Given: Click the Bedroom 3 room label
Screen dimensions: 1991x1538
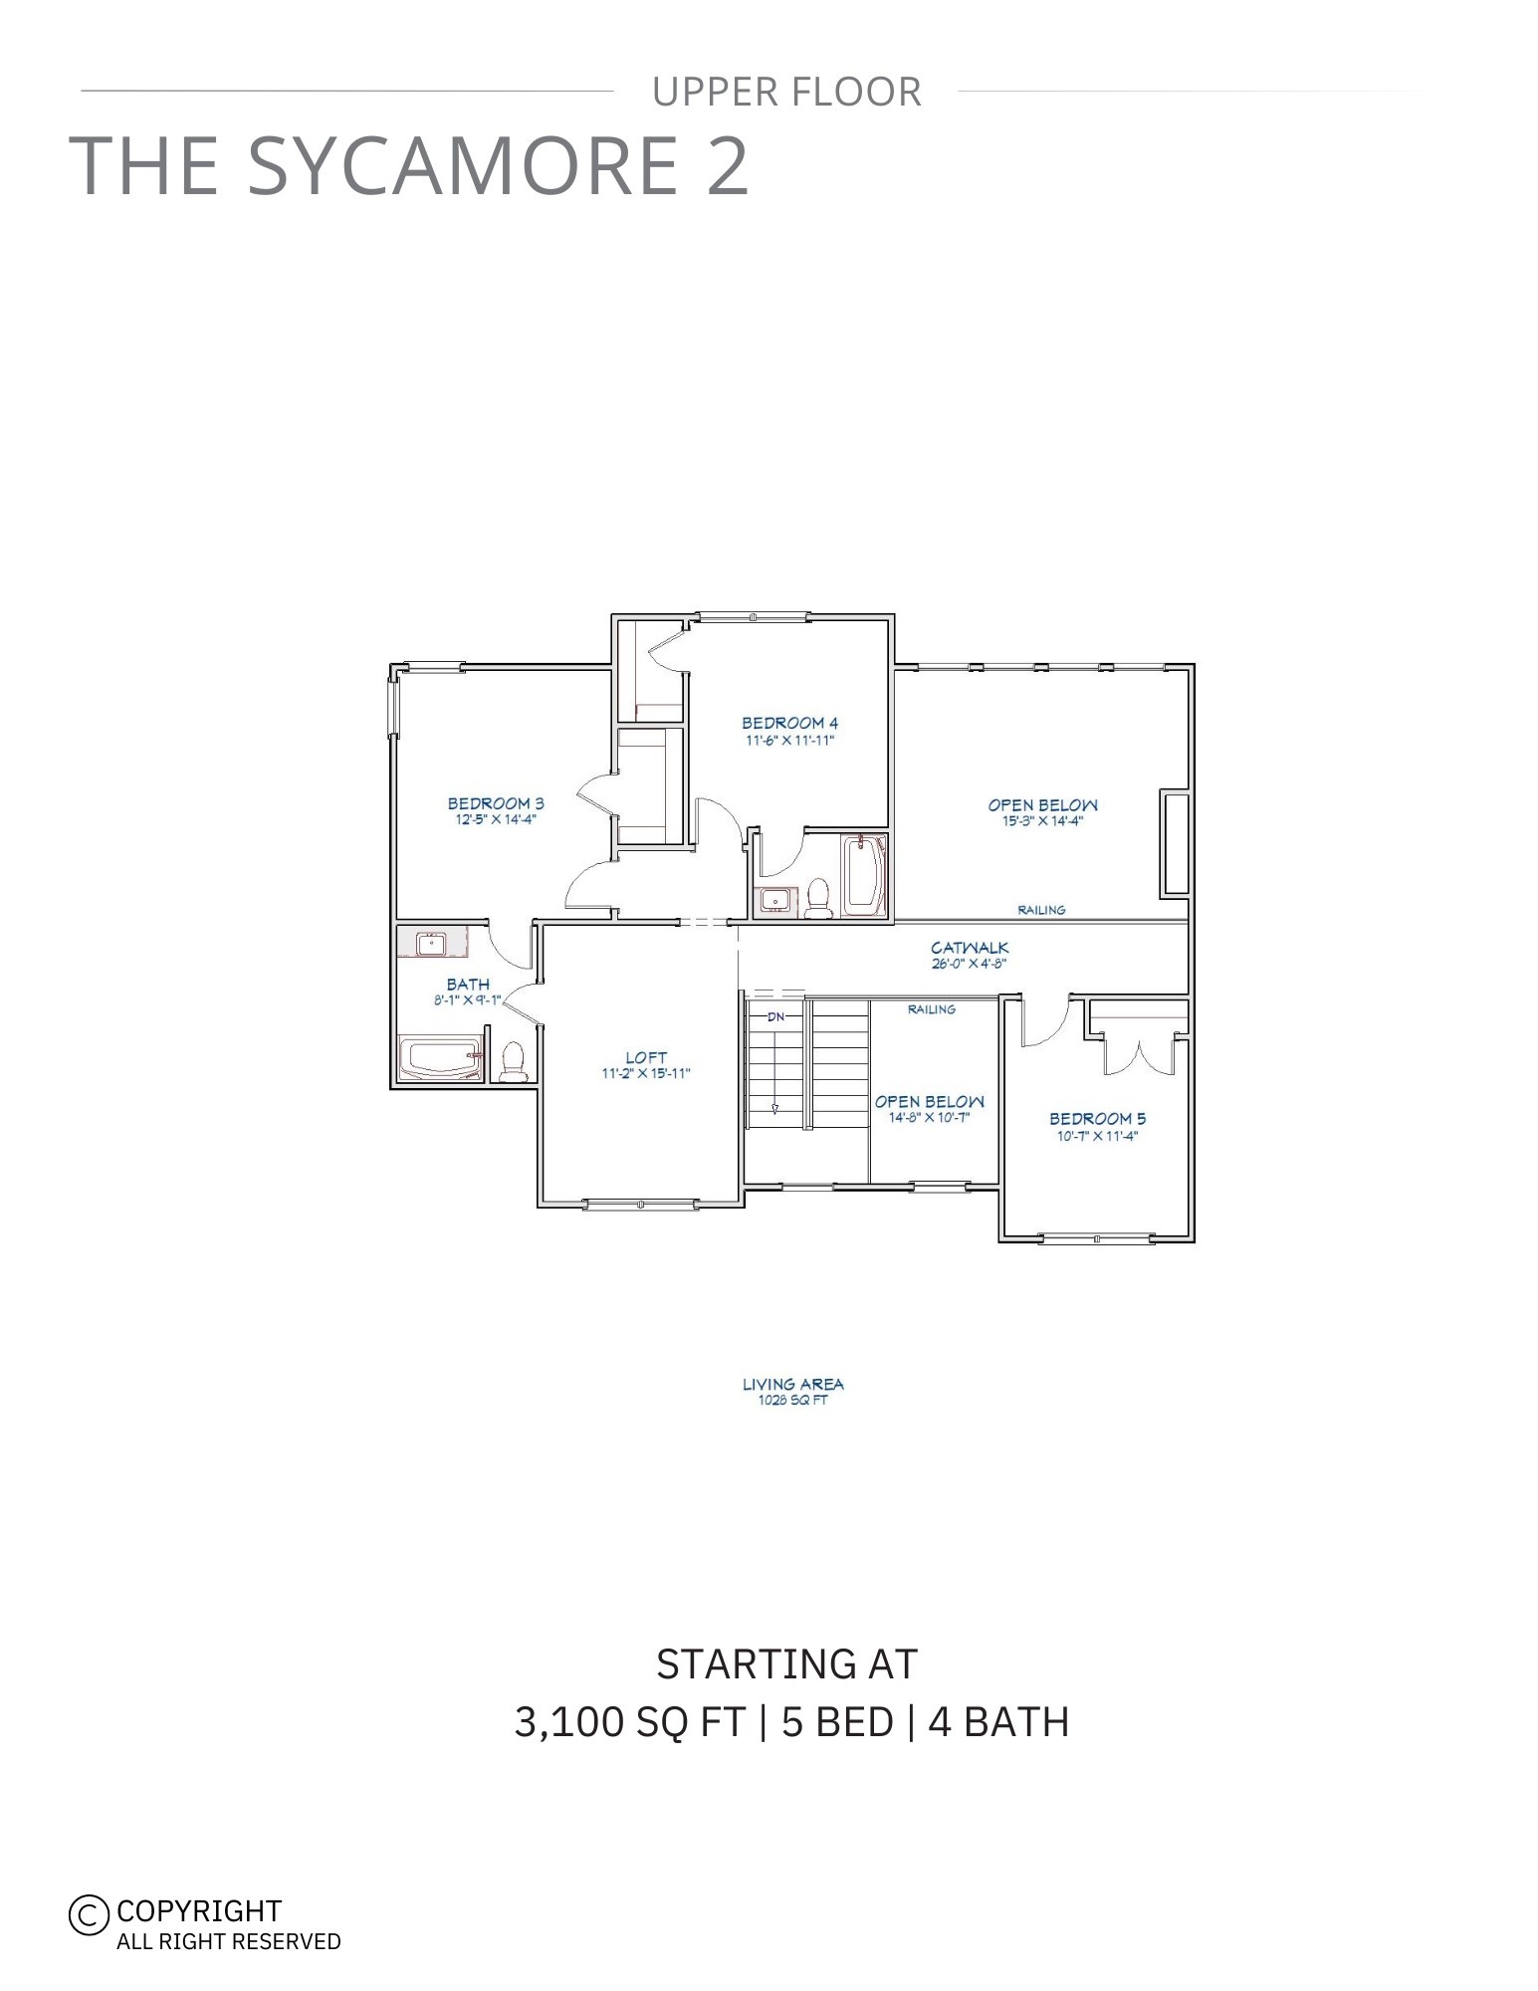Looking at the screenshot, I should click(x=495, y=803).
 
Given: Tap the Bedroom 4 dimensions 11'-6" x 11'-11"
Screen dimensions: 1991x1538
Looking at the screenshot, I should click(x=788, y=741).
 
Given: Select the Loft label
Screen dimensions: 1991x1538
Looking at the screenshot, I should click(x=646, y=1057).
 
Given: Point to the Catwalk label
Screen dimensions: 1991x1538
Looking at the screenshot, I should click(x=970, y=948).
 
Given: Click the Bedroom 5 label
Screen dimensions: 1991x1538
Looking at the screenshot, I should click(x=1097, y=1119).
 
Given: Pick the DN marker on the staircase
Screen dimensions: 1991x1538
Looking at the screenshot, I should click(x=775, y=1017).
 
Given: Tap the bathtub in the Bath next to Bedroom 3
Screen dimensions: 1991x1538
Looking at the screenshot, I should click(x=439, y=1059).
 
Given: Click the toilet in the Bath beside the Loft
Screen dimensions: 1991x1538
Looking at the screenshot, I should click(x=514, y=1062).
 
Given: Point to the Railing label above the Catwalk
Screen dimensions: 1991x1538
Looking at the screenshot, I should click(x=1041, y=910).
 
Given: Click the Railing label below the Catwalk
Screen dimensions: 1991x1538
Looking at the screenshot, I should click(x=931, y=1009).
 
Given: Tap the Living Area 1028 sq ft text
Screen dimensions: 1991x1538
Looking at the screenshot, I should click(x=792, y=1391).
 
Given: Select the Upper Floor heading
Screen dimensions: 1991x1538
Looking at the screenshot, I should click(x=786, y=92).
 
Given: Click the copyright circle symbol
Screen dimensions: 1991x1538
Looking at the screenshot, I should click(x=89, y=1913).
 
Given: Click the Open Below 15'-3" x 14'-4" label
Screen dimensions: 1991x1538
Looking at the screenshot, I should click(x=1042, y=812).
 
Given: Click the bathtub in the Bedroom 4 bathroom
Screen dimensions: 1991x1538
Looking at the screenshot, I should click(x=863, y=875).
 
